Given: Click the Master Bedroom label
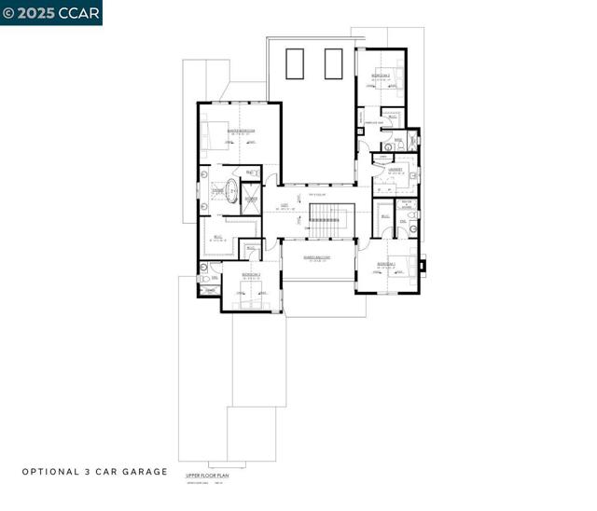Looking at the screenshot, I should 242,131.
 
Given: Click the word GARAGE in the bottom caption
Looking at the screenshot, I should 142,472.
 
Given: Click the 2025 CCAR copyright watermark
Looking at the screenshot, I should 51,12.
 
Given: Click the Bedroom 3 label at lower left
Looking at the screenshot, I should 250,275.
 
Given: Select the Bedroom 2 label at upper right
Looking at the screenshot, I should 381,75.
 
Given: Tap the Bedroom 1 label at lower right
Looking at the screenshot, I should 386,265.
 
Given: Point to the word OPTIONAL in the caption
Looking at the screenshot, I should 48,472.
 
